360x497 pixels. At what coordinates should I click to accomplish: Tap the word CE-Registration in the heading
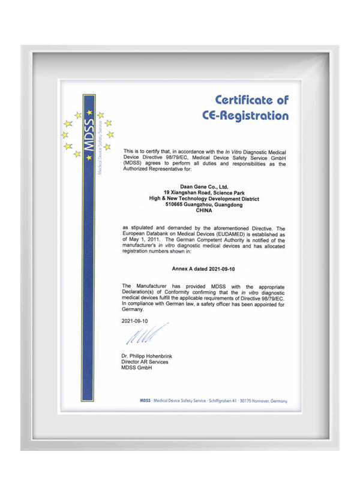[x=245, y=116]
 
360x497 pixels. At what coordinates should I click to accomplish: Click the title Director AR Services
[x=145, y=362]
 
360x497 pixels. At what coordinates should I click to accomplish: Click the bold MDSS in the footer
[x=145, y=400]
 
